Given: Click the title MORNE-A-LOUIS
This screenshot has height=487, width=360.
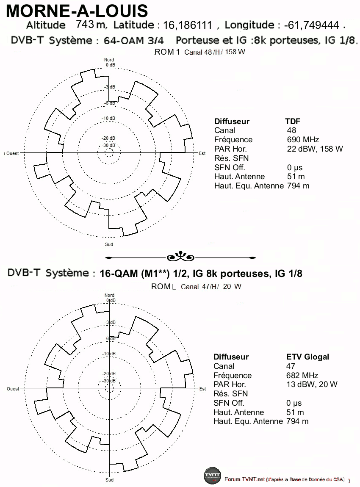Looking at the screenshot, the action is pos(77,11).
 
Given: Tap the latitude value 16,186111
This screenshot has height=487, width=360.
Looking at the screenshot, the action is pos(188,25).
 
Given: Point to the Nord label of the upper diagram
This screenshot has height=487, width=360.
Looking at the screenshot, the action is pos(109,60).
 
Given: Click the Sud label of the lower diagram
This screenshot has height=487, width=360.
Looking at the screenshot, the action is pos(109,480).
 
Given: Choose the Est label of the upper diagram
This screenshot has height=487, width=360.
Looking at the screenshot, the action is pos(202,153).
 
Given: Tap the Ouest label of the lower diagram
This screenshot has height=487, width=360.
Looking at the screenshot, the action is pos(13,389).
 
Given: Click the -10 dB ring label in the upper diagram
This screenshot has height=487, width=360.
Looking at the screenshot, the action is pos(108,118).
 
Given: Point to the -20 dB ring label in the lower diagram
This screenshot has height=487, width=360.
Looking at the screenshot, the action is pos(108,374).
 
